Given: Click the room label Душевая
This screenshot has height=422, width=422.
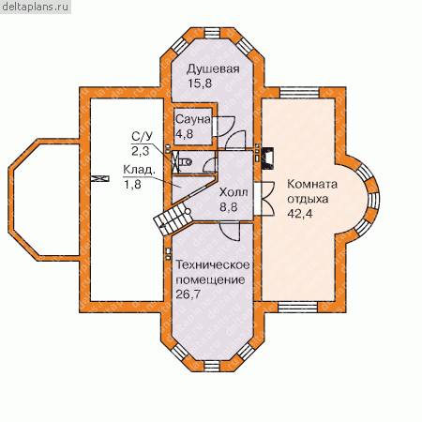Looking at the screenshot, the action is tap(213, 69).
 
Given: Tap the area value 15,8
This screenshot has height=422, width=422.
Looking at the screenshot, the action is tap(200, 83).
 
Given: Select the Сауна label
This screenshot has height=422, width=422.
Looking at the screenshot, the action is tap(193, 119).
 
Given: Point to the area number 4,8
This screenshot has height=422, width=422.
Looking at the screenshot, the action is tap(184, 134).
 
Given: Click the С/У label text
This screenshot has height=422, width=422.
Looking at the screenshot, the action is tap(143, 137).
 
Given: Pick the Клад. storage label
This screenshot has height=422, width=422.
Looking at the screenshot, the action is tap(139, 171).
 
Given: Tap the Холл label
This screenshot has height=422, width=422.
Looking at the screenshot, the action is tap(234, 192).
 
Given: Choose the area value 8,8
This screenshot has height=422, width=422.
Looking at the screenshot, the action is tap(228, 206).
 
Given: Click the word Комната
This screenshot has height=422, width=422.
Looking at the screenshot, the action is tap(312, 184).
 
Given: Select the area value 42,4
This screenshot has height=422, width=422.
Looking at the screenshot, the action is tap(300, 214).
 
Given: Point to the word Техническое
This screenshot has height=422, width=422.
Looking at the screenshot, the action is tap(213, 265).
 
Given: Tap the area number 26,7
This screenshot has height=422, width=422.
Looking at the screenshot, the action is tap(188, 294).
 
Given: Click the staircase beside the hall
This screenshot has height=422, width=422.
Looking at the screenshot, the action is tap(172, 220).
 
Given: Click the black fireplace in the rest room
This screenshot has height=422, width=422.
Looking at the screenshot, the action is tap(267, 158).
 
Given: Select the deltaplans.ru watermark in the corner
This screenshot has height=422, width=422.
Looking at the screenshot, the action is tap(36, 7).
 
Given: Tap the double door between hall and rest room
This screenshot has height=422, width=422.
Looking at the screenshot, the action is tap(264, 199).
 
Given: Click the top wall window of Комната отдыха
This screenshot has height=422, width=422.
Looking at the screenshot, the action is tap(299, 93).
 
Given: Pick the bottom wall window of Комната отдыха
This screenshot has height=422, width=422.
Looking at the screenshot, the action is tap(298, 308).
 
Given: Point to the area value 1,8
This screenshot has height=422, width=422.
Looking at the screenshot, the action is tap(132, 185).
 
